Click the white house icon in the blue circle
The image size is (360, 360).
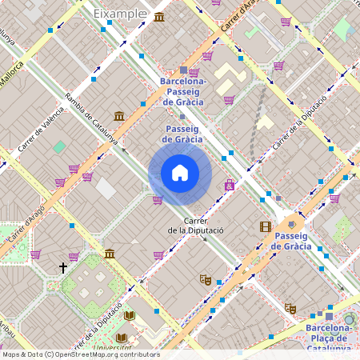click(x=180, y=173)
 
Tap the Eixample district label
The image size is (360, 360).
click(x=120, y=14)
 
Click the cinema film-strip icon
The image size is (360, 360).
click(x=265, y=226)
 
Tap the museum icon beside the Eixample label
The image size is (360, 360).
click(x=161, y=17)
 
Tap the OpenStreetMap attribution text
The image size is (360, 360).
click(x=81, y=354)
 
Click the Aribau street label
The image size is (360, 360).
click(x=7, y=328)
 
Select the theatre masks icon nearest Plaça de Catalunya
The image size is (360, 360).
click(x=290, y=308)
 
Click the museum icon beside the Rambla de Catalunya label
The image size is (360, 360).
click(x=119, y=117)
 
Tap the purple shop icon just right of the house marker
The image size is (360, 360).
click(x=230, y=185)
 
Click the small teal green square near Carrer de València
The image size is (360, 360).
click(x=59, y=147)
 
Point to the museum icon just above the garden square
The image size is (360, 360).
click(x=109, y=254)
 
